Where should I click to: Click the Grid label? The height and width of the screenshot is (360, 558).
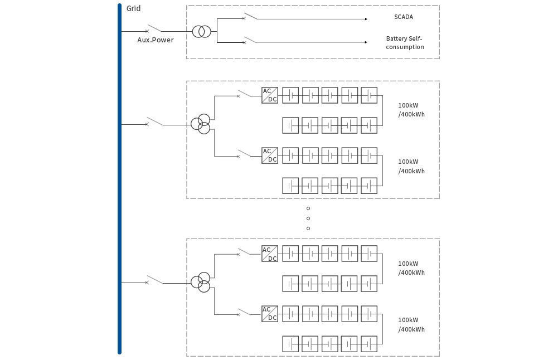133,8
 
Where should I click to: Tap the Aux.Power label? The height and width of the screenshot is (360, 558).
156,40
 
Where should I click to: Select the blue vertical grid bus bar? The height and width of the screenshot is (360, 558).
119,178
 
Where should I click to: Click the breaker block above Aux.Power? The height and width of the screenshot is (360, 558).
154,28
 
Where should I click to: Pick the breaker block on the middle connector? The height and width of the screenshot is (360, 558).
154,121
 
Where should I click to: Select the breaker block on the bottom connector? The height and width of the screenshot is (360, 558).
154,279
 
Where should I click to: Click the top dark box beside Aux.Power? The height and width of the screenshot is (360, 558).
313,32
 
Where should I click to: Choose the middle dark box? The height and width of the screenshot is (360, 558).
313,139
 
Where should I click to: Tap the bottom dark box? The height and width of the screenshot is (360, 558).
313,297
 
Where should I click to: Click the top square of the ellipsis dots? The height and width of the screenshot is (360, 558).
308,208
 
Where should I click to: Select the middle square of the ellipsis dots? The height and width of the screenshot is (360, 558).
308,218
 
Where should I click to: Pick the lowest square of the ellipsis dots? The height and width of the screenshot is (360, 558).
308,228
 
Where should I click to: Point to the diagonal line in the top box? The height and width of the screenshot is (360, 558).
250,16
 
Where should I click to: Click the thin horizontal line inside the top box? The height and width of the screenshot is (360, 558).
231,42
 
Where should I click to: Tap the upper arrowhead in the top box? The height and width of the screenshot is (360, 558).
366,19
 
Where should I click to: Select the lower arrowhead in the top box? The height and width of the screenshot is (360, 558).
366,42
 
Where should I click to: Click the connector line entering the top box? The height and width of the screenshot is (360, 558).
174,31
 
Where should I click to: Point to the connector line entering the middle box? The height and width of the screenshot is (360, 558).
174,124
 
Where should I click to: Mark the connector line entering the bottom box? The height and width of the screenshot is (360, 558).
174,283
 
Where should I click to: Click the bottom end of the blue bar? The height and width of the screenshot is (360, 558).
119,352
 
